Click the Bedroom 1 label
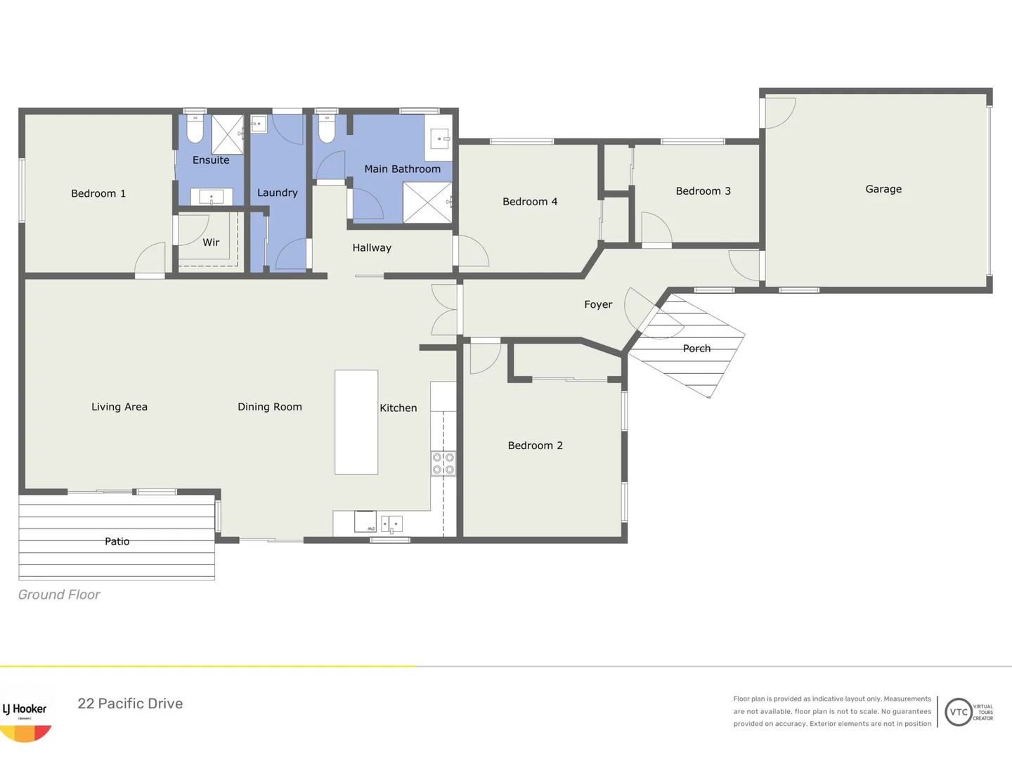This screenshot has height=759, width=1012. point(98,193)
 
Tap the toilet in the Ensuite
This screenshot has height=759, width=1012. point(195,129)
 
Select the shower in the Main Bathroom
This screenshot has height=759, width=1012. point(427,202)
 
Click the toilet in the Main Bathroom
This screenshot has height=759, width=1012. point(327,129)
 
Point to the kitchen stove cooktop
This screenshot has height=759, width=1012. point(443,464)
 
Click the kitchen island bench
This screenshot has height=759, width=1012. point(356,422)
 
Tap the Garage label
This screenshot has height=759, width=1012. point(883,189)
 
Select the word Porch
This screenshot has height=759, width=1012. point(696,349)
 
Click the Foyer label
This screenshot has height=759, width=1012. point(598,304)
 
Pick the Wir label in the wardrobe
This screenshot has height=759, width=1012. point(211,242)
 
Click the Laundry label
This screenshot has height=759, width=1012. point(277,193)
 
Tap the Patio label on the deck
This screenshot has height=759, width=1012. point(117,541)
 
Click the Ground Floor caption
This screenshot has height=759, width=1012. point(59,595)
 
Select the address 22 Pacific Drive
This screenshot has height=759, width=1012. point(130,703)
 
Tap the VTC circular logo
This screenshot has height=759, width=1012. point(959,712)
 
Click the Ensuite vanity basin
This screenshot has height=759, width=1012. point(212,197)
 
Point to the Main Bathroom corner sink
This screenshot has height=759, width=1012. point(440,139)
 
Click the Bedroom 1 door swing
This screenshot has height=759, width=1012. point(150,259)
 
